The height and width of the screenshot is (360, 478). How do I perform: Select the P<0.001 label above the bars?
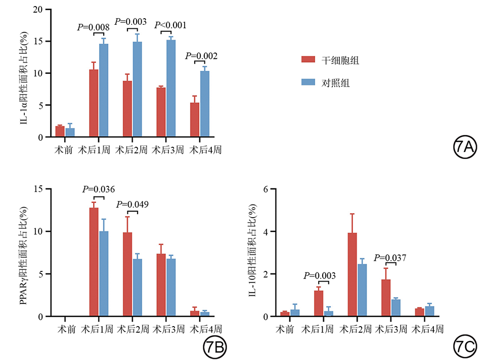coord(170,24)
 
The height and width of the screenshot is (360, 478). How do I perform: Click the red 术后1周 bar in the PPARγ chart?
coord(94,262)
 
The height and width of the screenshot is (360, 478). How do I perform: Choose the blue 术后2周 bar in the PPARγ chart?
coord(137,288)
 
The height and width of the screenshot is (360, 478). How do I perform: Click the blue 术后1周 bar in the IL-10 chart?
coord(329,313)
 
